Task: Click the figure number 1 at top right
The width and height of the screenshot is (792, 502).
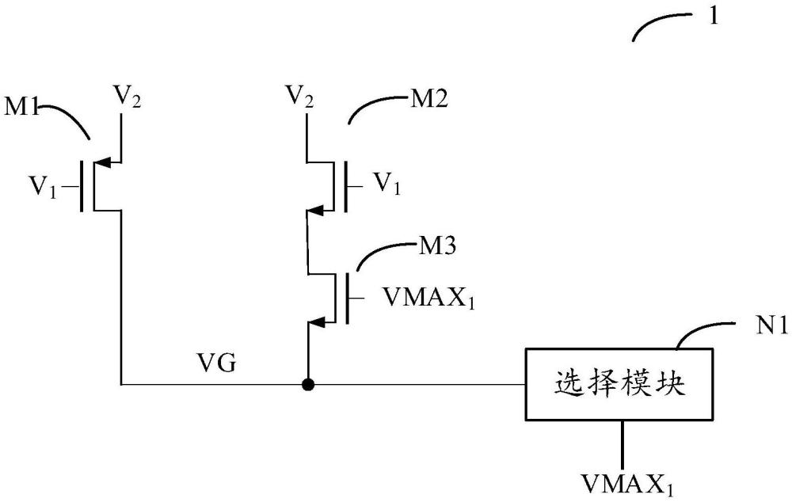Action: pyautogui.click(x=714, y=17)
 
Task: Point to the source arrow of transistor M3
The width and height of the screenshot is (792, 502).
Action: pyautogui.click(x=314, y=322)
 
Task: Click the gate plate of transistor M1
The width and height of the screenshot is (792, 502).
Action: pyautogui.click(x=82, y=188)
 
